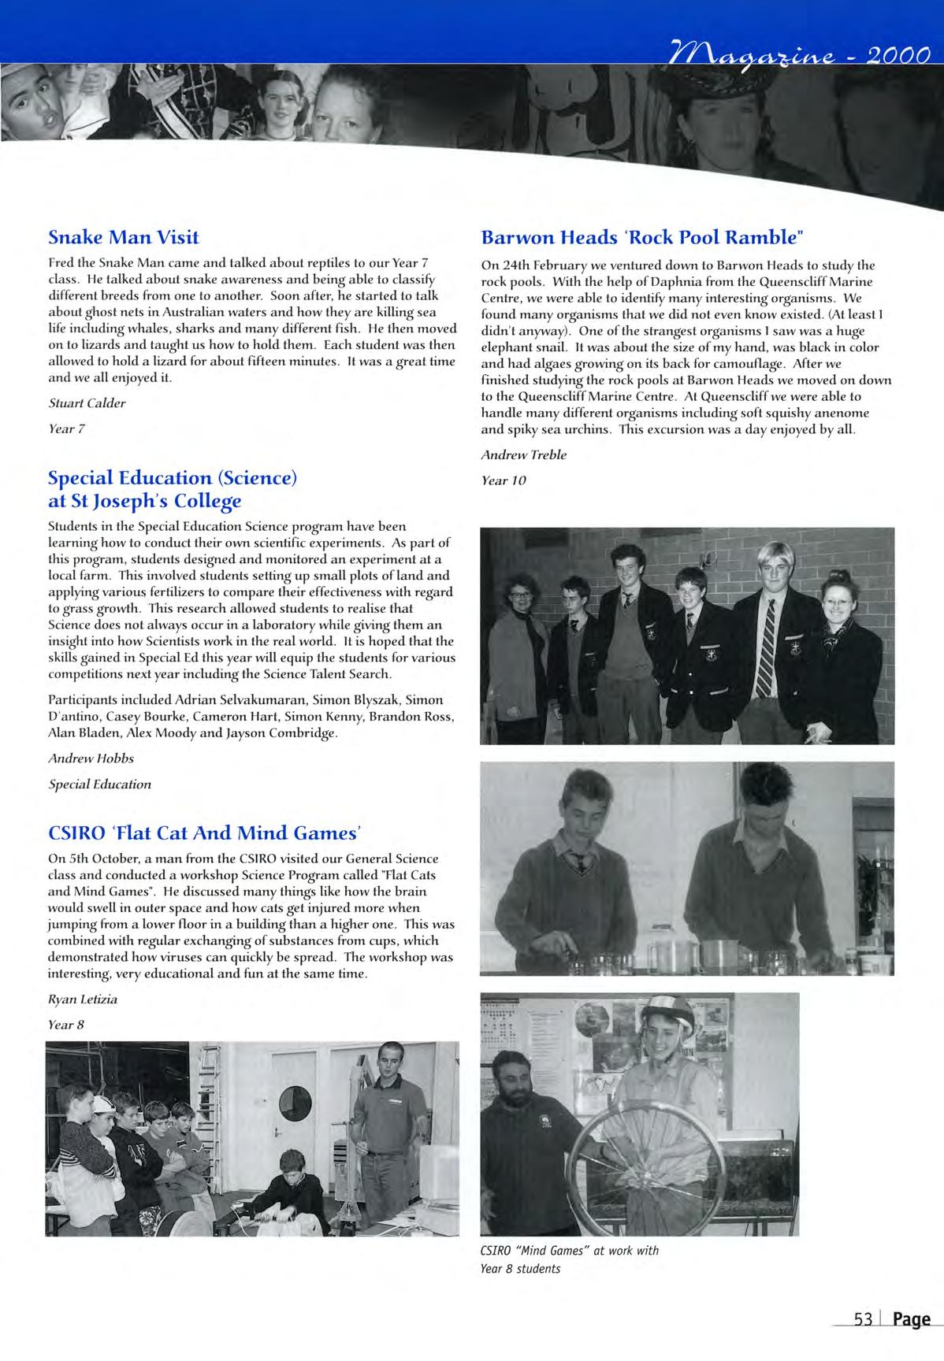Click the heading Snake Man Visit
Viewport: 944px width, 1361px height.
124,237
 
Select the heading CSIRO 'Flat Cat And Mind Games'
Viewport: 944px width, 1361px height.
205,832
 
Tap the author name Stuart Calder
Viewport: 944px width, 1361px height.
87,403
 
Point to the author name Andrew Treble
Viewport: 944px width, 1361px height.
523,454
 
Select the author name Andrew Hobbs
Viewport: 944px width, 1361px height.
91,758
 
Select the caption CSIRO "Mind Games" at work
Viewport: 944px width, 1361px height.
569,1251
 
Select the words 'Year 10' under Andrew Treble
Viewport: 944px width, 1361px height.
503,480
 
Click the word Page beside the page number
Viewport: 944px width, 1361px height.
911,1319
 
